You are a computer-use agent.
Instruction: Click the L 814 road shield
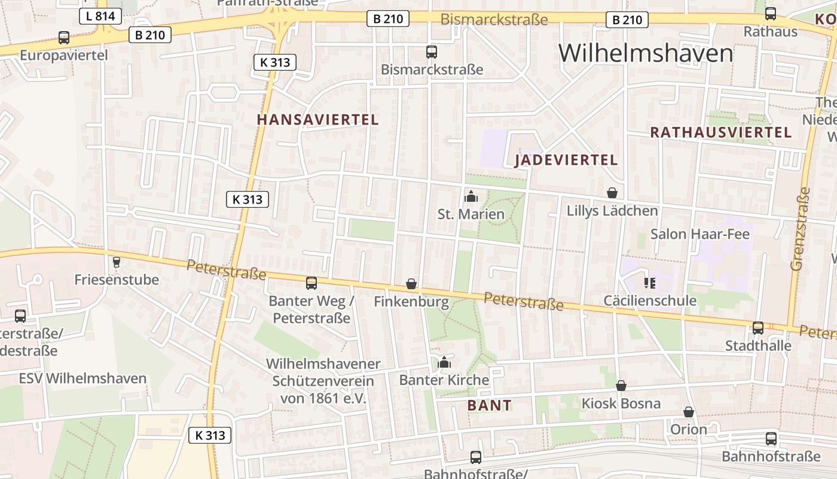(x=100, y=16)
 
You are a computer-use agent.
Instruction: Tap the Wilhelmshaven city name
(x=646, y=53)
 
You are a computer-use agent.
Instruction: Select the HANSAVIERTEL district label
(x=317, y=120)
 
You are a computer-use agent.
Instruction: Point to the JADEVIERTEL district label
(x=566, y=160)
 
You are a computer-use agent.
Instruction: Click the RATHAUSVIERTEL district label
(x=720, y=133)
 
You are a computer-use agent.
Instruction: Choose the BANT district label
(x=489, y=405)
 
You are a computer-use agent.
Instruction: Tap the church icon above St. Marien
(x=471, y=196)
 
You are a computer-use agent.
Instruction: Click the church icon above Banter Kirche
(x=444, y=362)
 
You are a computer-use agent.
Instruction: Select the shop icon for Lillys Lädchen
(x=612, y=193)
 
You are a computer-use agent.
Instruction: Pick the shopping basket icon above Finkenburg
(x=411, y=283)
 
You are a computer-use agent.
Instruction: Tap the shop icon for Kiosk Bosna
(x=621, y=386)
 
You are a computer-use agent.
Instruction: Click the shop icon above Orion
(x=688, y=412)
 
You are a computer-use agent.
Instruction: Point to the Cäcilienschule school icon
(x=649, y=283)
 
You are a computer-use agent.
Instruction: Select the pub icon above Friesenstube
(x=117, y=262)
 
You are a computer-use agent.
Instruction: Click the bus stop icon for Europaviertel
(x=64, y=38)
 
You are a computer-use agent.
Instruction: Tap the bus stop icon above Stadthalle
(x=758, y=328)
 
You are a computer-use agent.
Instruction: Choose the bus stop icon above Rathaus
(x=771, y=14)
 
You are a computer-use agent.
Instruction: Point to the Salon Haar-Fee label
(x=699, y=234)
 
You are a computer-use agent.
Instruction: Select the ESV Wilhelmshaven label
(x=83, y=378)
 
